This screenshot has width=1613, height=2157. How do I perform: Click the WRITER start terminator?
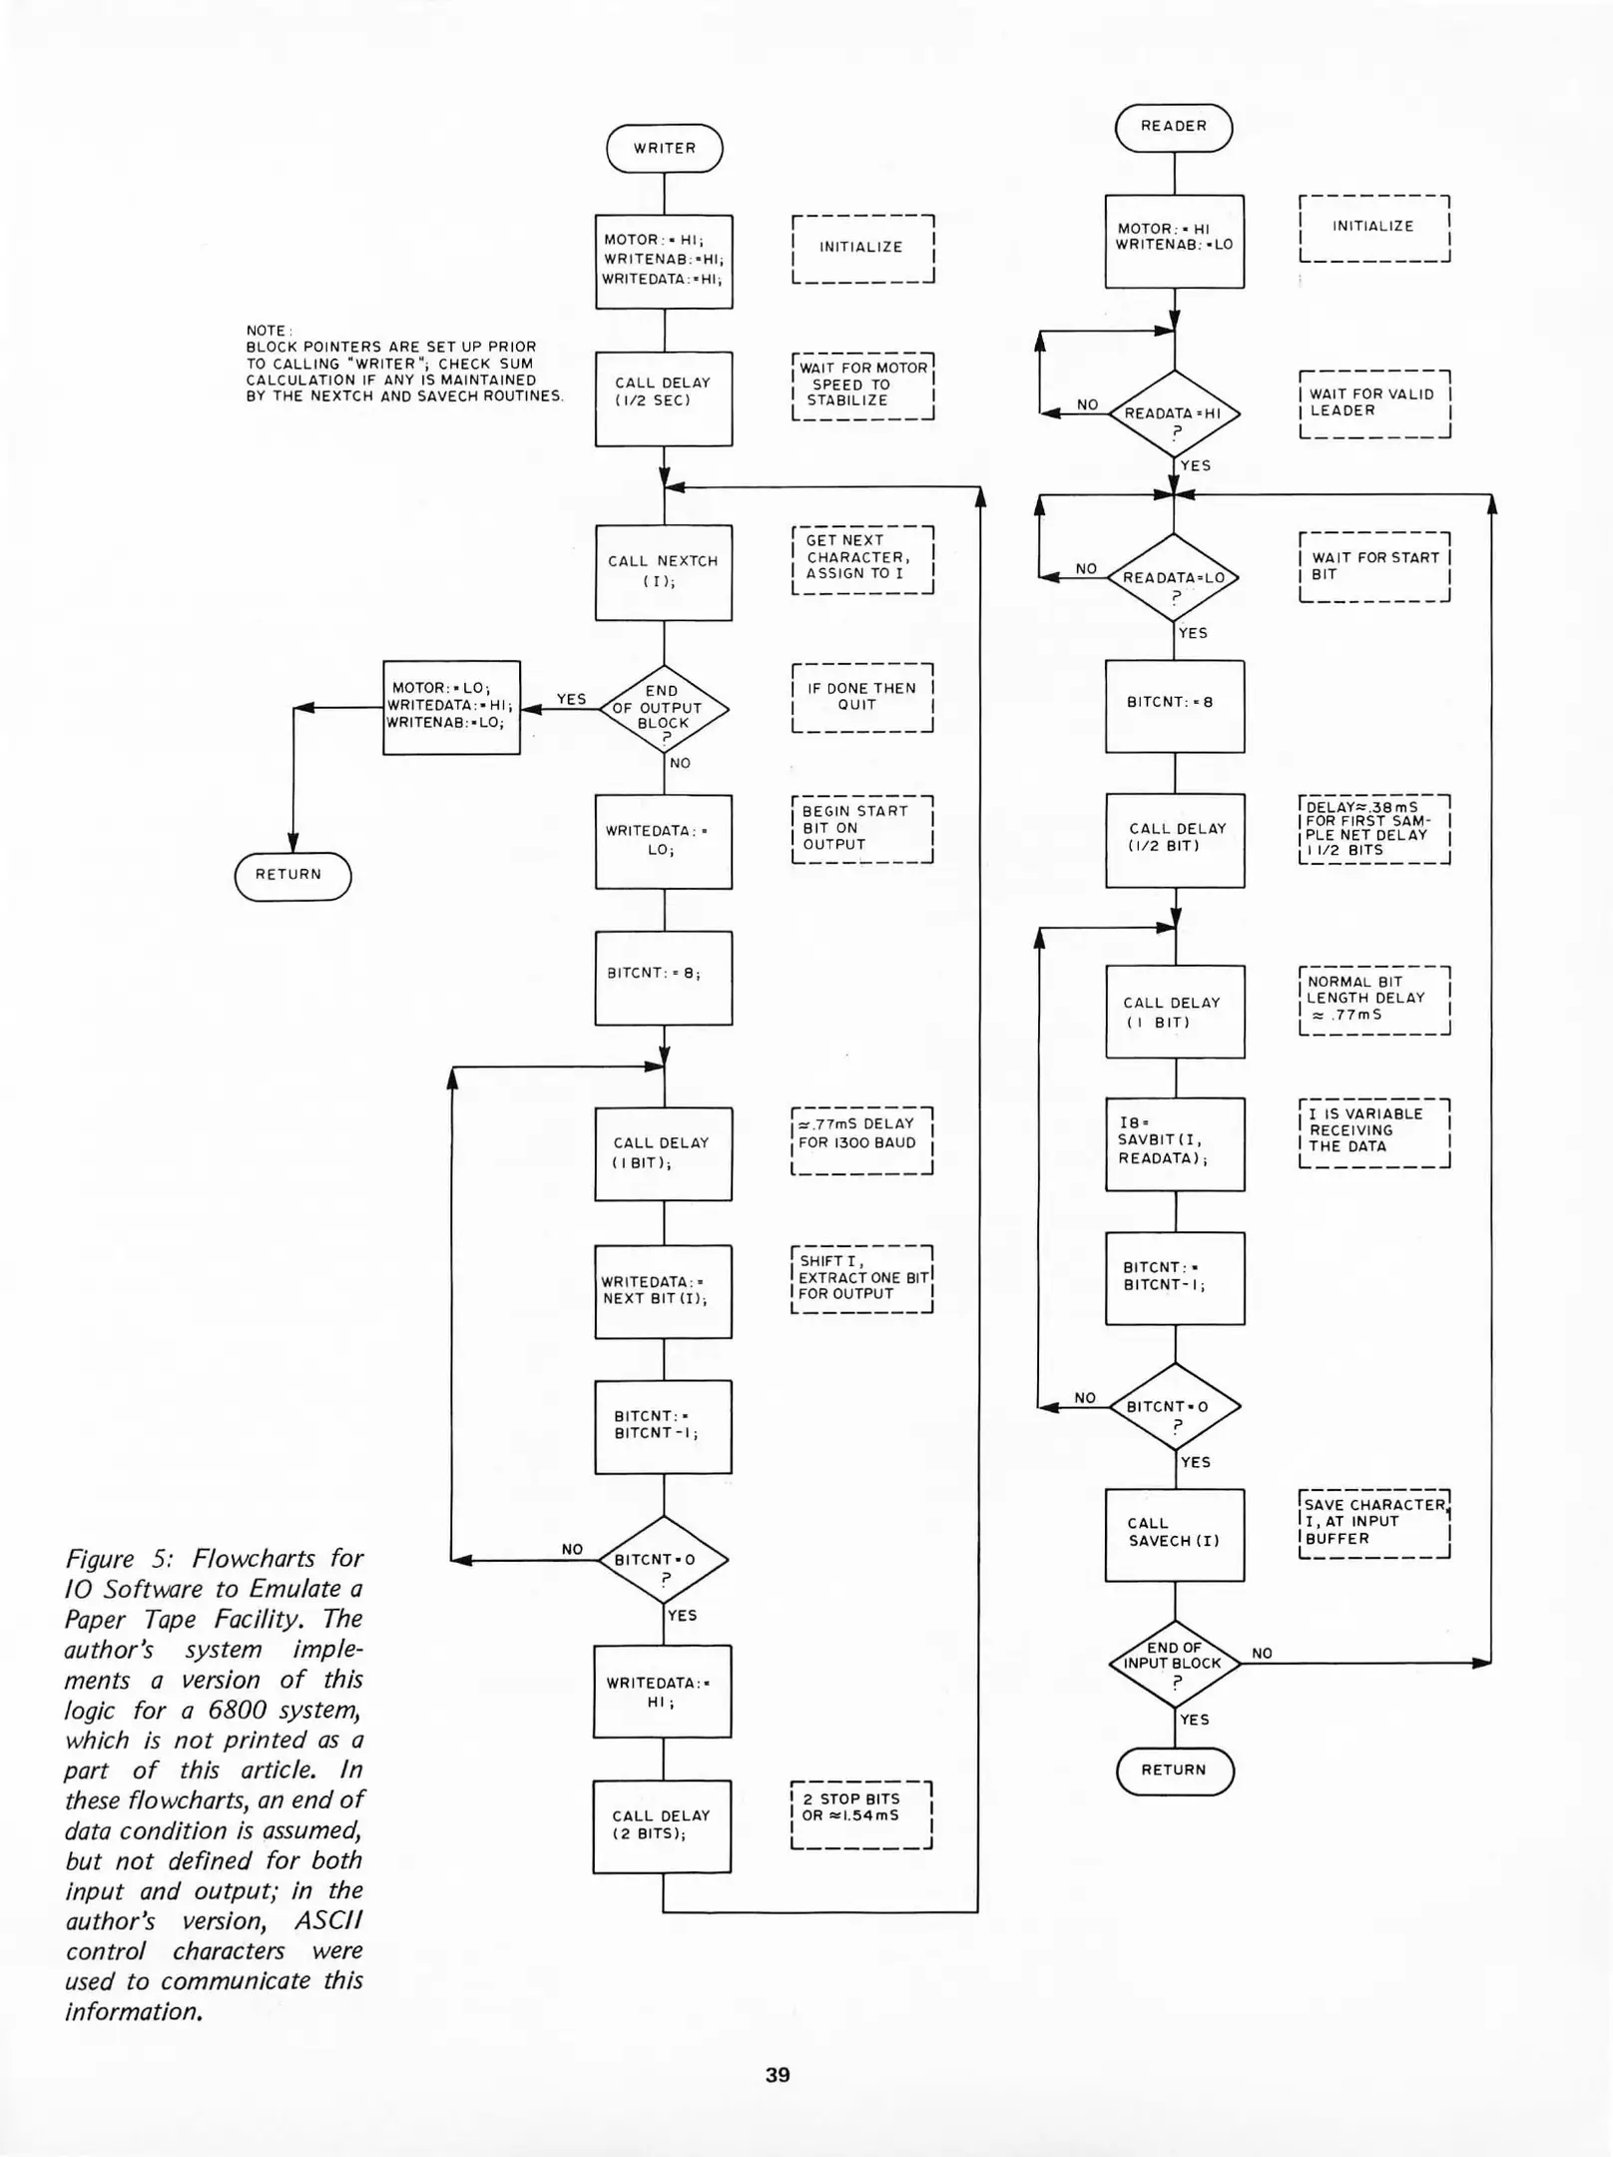click(x=664, y=148)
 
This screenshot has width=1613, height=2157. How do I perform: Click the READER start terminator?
click(x=1173, y=127)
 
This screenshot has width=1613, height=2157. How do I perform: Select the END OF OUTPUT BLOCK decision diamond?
click(x=664, y=709)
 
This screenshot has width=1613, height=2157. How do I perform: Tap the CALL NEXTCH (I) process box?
click(x=664, y=571)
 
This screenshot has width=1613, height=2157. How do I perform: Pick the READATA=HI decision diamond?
click(x=1174, y=413)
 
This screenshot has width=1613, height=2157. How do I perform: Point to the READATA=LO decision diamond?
click(x=1174, y=577)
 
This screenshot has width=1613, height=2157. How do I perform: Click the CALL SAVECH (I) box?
click(x=1174, y=1534)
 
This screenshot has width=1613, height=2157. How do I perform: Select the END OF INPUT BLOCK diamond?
click(x=1174, y=1663)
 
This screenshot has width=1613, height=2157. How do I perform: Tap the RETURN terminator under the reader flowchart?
click(x=1174, y=1771)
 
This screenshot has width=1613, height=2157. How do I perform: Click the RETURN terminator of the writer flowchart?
click(x=292, y=876)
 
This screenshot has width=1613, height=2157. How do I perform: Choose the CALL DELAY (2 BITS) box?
click(x=662, y=1825)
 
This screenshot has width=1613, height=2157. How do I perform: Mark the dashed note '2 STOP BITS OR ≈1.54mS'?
click(x=860, y=1814)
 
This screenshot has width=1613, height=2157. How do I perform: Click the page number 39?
click(x=778, y=2074)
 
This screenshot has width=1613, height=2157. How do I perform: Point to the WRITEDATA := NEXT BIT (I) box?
click(x=663, y=1290)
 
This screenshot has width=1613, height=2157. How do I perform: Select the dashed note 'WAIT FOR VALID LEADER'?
click(x=1373, y=403)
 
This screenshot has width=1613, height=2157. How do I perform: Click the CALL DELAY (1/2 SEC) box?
click(x=664, y=397)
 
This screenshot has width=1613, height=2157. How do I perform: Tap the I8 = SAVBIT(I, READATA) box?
click(x=1174, y=1143)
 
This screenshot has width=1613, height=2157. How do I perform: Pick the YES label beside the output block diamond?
click(x=571, y=699)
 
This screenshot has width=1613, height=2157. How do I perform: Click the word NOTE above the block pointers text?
click(x=267, y=331)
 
